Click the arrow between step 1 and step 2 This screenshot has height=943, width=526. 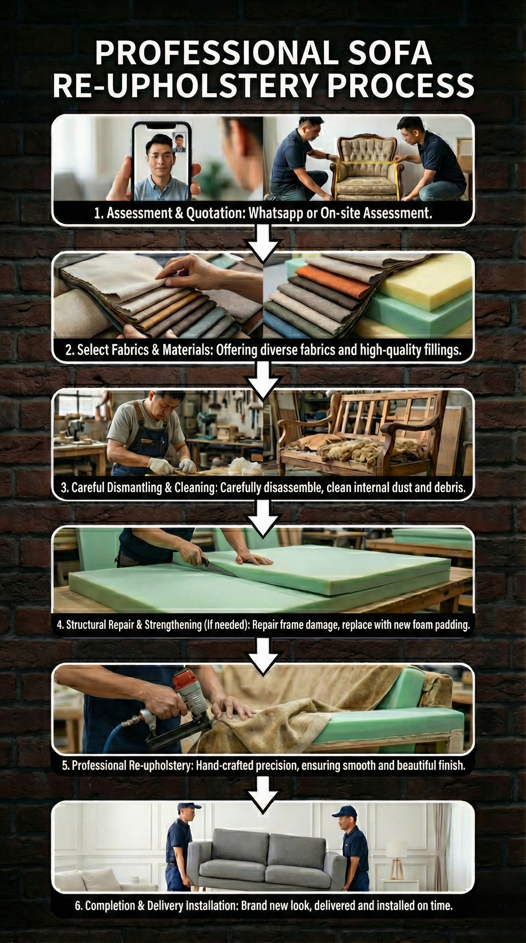tap(262, 241)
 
